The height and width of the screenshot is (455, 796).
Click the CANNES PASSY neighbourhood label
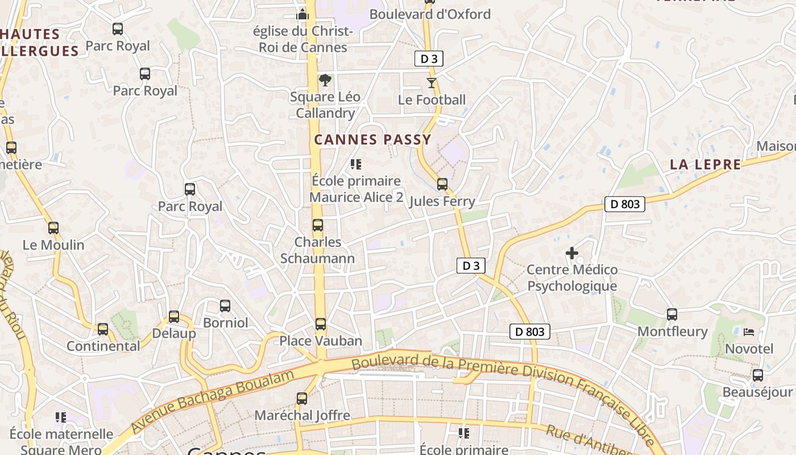tap(372, 139)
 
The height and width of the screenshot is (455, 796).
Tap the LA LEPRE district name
tap(705, 165)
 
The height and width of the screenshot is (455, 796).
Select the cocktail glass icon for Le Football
tap(432, 83)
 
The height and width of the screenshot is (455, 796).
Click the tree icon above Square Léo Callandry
tap(325, 80)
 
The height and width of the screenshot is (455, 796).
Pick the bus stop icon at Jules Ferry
tap(442, 184)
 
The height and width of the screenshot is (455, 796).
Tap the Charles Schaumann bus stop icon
tap(318, 225)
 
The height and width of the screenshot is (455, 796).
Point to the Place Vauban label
tap(321, 341)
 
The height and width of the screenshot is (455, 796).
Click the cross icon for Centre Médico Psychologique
tap(572, 253)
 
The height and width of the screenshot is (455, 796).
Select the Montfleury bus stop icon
tap(672, 315)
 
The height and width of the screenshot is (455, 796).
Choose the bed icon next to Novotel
tap(749, 332)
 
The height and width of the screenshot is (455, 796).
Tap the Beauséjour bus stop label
tap(757, 392)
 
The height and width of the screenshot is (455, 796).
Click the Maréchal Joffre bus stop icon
tap(302, 399)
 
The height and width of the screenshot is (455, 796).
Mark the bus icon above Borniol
tap(225, 306)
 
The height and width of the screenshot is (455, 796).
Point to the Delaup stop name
tap(174, 333)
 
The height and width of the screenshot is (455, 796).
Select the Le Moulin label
tap(53, 245)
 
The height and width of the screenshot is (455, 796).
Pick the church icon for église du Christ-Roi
tap(302, 14)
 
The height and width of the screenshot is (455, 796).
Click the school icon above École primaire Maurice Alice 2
tap(356, 165)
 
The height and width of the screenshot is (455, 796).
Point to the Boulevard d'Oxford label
tap(430, 14)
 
